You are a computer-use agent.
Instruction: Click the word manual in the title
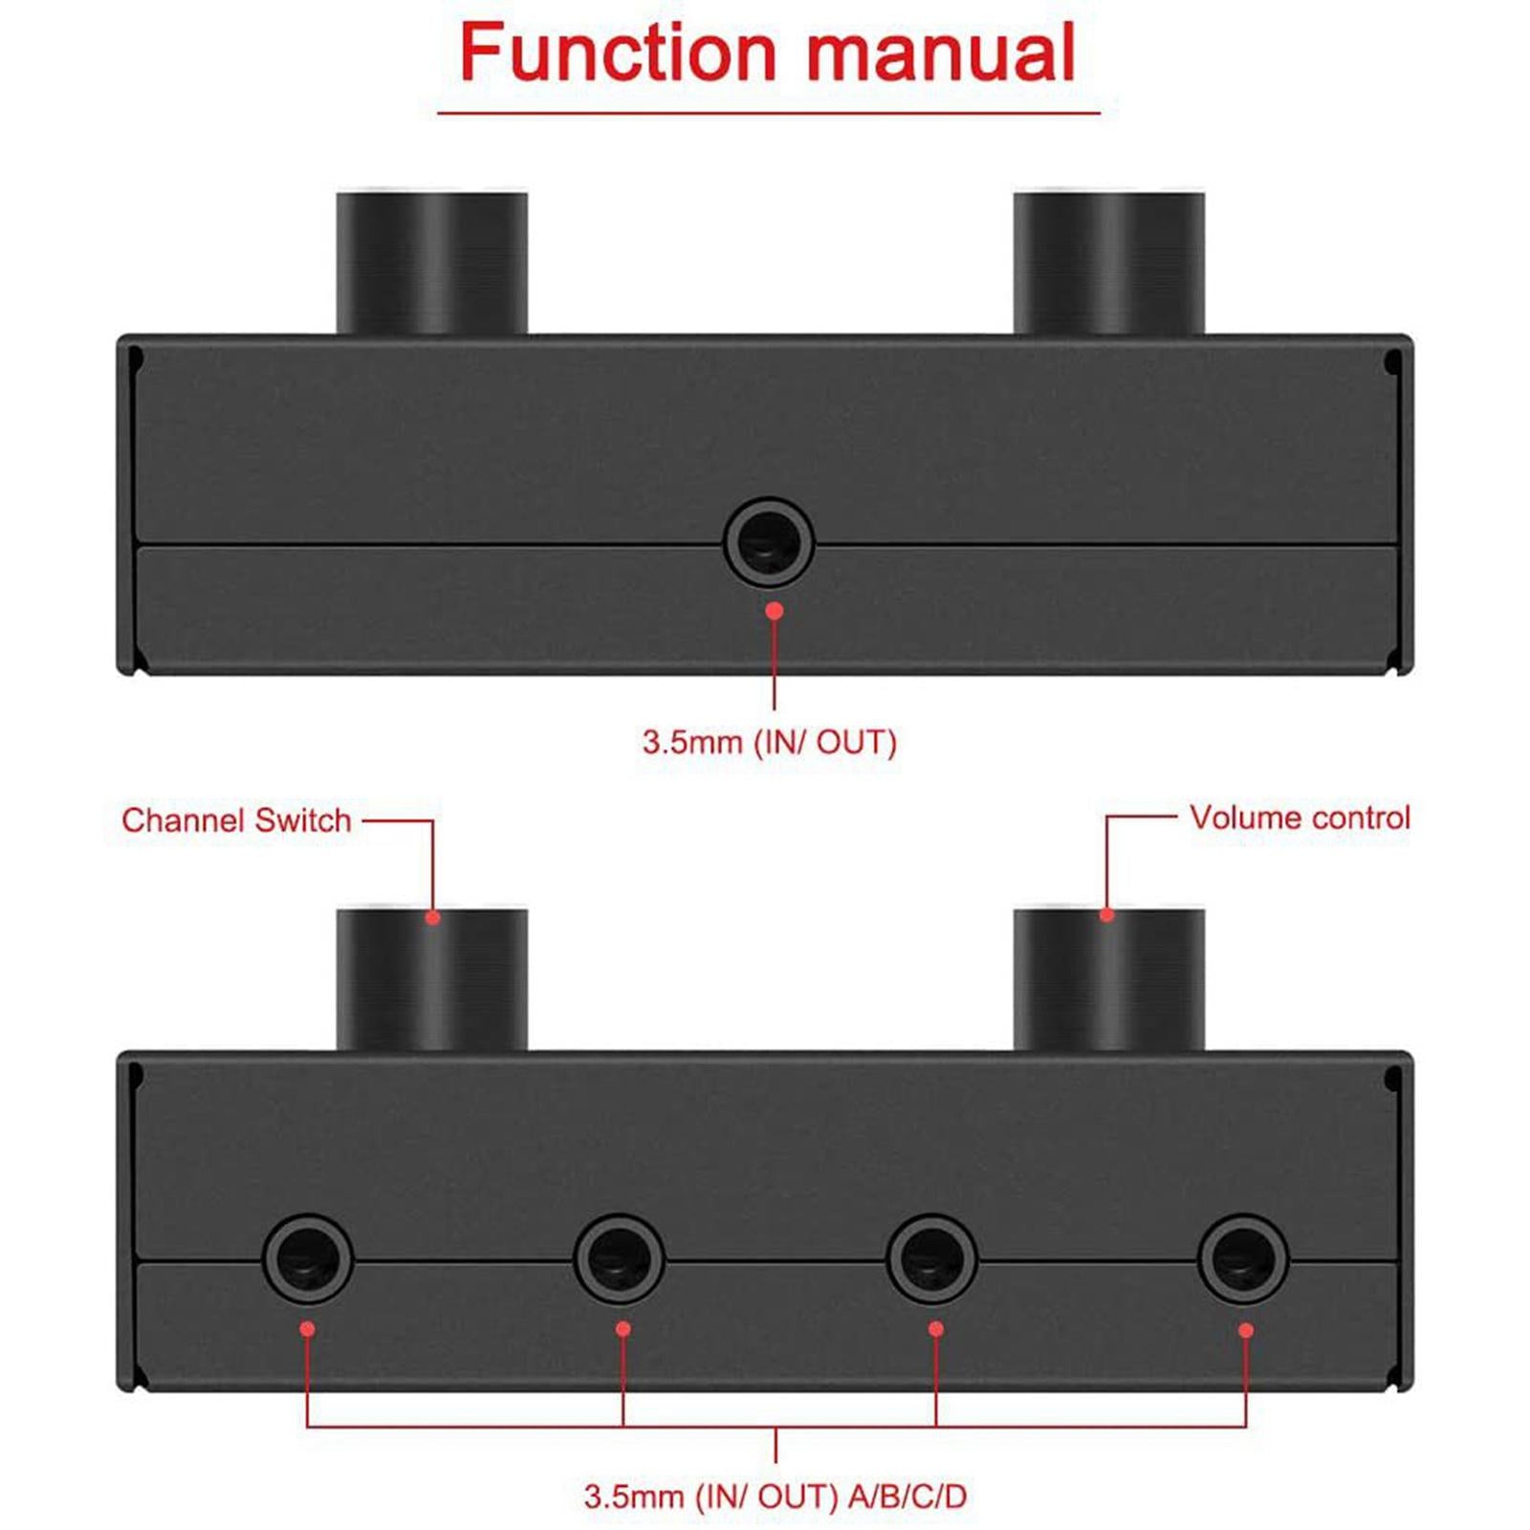coord(942,54)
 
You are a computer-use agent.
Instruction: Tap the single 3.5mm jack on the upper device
coord(769,542)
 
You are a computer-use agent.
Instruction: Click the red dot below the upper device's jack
coord(775,610)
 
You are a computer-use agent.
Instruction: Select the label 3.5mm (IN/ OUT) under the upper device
coord(770,742)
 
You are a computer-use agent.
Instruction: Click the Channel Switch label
coord(236,820)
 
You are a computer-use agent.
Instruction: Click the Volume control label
coord(1300,818)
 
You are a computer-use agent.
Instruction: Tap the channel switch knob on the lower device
coord(432,979)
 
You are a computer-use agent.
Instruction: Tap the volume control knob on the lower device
coord(1109,979)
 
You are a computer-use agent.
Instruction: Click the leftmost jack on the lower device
coord(308,1259)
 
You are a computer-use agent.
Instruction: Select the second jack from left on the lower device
coord(620,1259)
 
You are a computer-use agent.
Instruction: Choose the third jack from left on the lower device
coord(932,1259)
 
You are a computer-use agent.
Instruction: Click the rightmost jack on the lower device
coord(1243,1259)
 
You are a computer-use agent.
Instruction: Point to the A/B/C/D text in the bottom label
coord(907,1497)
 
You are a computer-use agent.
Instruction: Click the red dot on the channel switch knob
coord(433,918)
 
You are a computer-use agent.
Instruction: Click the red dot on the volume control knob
coord(1107,915)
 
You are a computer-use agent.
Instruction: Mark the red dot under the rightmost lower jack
coord(1246,1330)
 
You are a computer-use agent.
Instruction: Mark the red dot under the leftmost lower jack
coord(307,1328)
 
